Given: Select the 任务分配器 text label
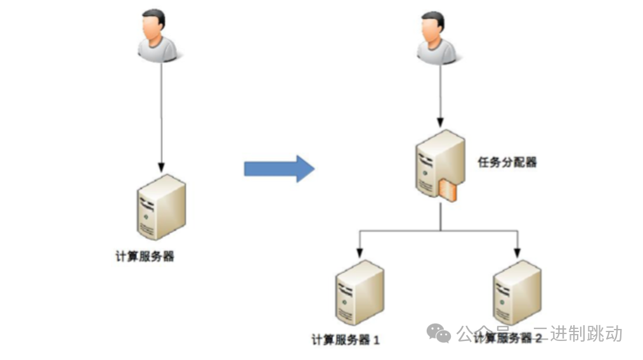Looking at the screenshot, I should click(x=507, y=162).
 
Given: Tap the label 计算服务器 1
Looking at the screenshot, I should click(x=346, y=340).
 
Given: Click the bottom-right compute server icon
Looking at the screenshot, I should click(x=517, y=292).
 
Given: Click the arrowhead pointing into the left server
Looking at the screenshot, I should click(x=161, y=167).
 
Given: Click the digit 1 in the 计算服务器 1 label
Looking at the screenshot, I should click(x=377, y=340).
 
